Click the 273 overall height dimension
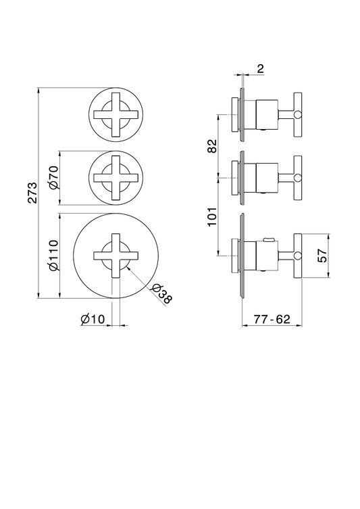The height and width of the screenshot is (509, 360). (x=32, y=193)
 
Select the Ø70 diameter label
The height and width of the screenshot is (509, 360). (x=53, y=178)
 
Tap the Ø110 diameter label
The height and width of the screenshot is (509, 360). (x=53, y=255)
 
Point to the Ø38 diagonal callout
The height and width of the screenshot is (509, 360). (x=161, y=293)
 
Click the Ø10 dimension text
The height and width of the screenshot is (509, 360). (x=93, y=319)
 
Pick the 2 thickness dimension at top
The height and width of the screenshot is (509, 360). (x=261, y=68)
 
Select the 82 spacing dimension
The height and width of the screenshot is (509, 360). (x=212, y=146)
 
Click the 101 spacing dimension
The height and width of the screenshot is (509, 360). (x=212, y=217)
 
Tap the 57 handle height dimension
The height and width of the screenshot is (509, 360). (x=322, y=256)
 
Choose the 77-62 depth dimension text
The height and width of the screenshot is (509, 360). (x=272, y=319)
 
